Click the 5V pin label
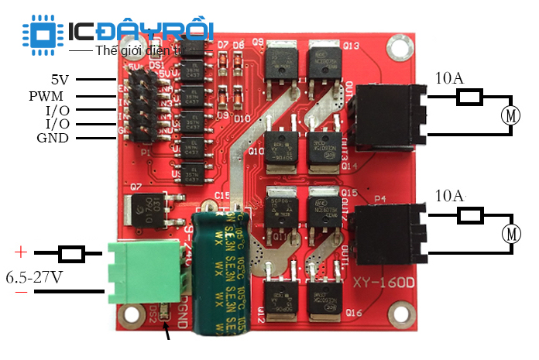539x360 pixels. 60,79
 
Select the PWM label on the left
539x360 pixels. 46,96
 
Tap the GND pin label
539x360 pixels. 53,138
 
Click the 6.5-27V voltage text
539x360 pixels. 36,276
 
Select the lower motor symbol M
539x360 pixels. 510,232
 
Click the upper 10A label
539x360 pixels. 450,78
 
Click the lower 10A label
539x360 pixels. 450,195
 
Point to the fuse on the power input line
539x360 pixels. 72,253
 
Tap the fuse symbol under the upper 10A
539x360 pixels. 469,97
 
